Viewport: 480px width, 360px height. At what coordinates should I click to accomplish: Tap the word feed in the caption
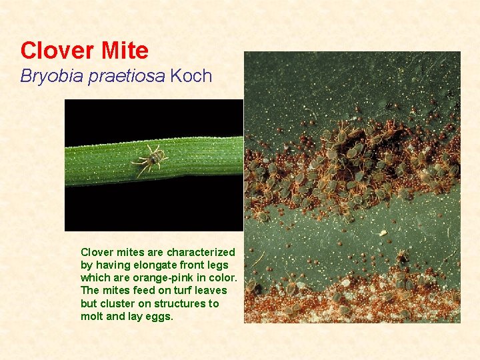click(143, 290)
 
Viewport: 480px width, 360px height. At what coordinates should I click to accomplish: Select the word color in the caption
click(223, 277)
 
